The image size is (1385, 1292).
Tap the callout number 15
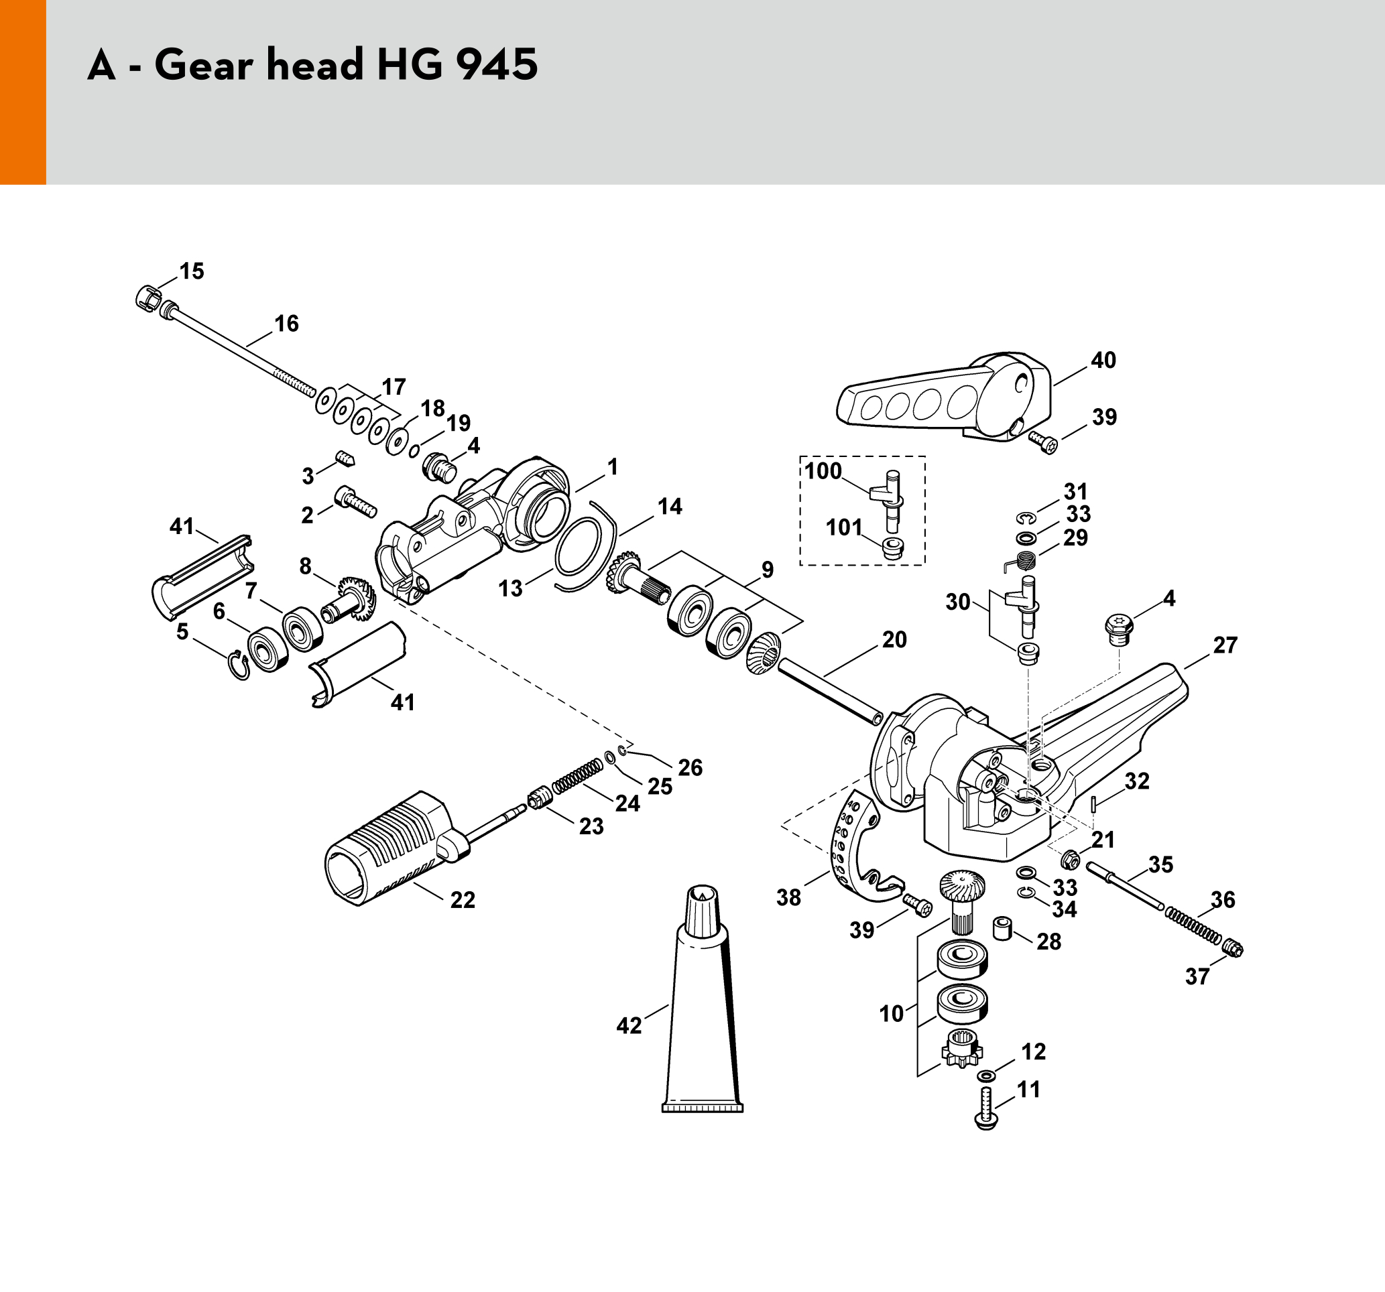[192, 271]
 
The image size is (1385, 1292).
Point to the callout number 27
[1225, 645]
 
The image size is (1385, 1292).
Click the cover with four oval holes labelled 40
[943, 399]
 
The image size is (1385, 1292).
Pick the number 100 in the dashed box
[823, 471]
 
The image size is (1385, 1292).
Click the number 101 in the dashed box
[845, 527]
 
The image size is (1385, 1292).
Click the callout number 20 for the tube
[894, 639]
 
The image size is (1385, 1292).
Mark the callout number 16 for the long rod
[286, 324]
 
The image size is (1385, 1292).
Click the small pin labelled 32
[1095, 803]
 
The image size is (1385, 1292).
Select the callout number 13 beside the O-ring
[510, 588]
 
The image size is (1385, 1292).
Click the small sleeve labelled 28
[1002, 927]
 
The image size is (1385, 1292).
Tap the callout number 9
[767, 570]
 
